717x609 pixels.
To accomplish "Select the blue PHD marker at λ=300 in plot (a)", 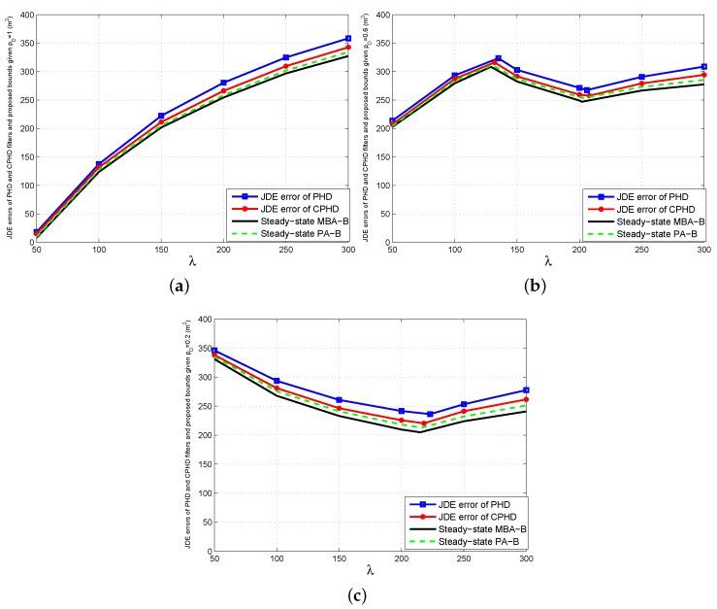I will [347, 39].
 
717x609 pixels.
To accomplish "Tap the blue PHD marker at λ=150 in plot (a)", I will [160, 116].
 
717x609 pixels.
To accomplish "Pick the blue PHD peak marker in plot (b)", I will [498, 59].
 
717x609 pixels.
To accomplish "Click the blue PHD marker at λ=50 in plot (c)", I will [213, 351].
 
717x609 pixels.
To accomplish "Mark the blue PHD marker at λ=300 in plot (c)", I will [526, 390].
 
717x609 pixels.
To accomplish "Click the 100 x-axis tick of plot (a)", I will [97, 251].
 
